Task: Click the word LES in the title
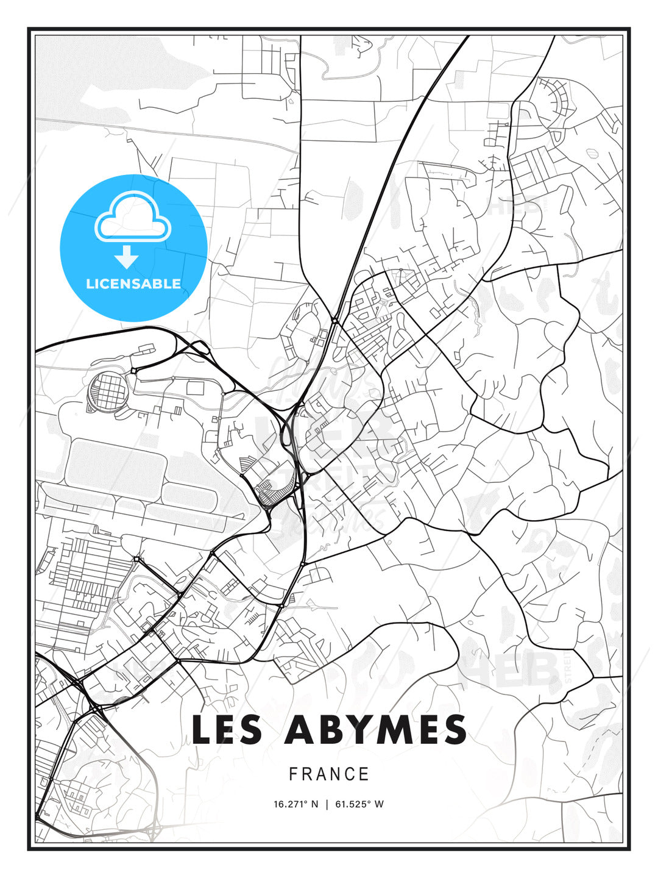click(x=227, y=730)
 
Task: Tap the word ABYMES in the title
click(x=375, y=730)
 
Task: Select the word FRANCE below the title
click(x=329, y=774)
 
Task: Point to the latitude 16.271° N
click(x=296, y=804)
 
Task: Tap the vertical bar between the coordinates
click(x=327, y=804)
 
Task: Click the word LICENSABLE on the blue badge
click(x=133, y=284)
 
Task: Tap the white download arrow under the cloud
click(x=127, y=256)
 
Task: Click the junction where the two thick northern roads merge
click(x=335, y=319)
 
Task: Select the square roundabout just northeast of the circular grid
click(x=133, y=370)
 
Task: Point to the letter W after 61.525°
click(x=379, y=804)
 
